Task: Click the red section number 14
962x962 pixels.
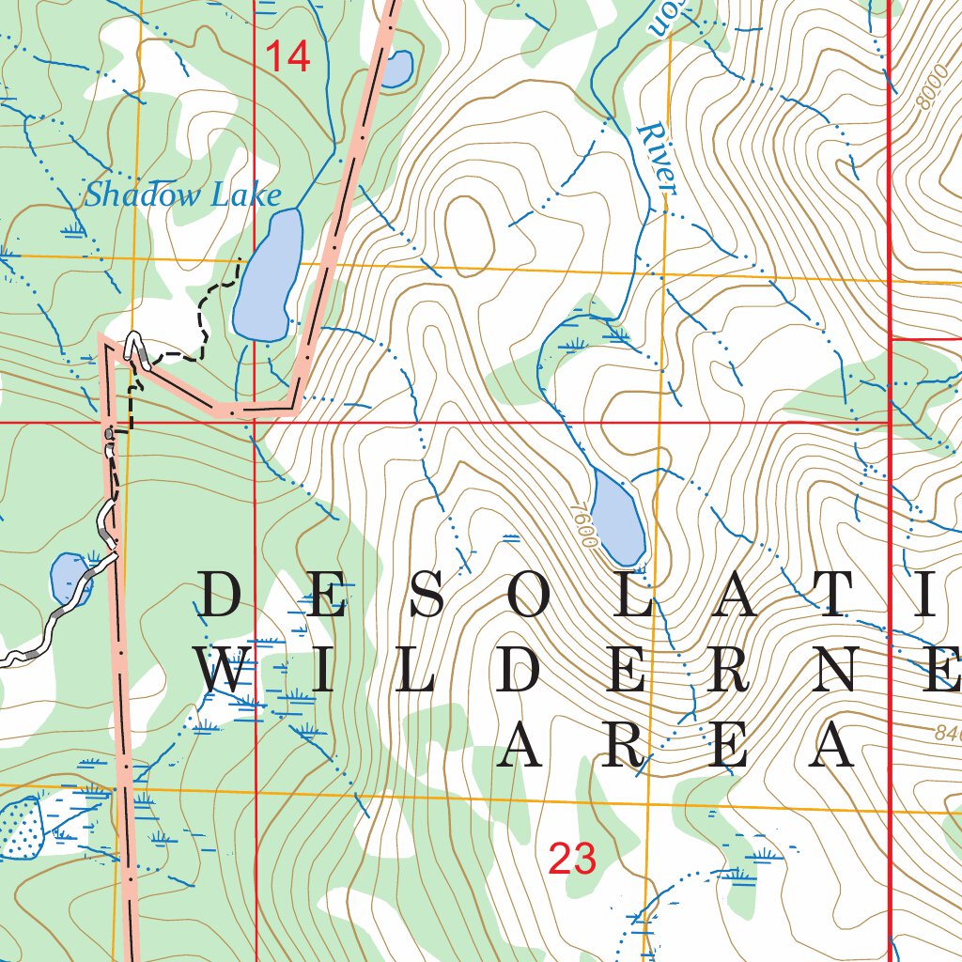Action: click(x=287, y=58)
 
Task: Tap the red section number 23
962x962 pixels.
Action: click(x=572, y=859)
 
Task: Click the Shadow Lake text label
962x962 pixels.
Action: click(x=183, y=195)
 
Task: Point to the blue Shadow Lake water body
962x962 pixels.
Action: click(x=267, y=277)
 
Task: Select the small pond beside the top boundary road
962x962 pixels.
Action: click(x=396, y=69)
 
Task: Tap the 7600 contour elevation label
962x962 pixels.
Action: click(x=583, y=524)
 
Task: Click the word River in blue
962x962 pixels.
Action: click(x=657, y=159)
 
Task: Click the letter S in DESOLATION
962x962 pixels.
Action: click(x=428, y=596)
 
